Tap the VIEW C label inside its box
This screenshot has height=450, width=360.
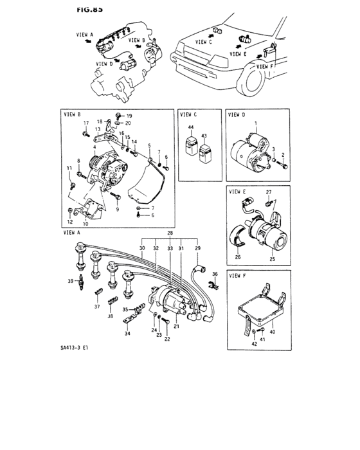coord(191,116)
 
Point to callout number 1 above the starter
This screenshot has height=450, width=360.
coord(255,123)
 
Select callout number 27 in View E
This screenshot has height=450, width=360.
coord(270,192)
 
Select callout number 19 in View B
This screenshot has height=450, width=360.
coord(129,116)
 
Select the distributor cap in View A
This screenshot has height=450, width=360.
coord(174,300)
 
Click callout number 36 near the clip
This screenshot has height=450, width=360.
coord(216,274)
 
